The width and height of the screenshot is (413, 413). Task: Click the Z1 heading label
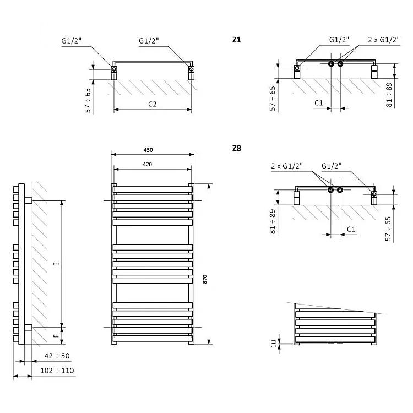tap(237, 40)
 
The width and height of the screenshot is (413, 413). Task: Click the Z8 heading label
tap(237, 148)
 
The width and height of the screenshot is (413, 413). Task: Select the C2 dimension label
tap(152, 104)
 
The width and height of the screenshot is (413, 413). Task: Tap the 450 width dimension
tap(148, 150)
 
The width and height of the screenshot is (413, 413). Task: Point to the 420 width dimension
tap(147, 164)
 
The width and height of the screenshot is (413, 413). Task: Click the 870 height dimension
tap(205, 279)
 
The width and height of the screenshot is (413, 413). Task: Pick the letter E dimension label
tap(56, 264)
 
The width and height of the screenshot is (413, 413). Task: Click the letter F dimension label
tap(56, 336)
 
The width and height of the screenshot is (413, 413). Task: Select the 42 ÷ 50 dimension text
tap(57, 356)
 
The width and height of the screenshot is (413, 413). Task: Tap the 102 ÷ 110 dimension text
tap(57, 371)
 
